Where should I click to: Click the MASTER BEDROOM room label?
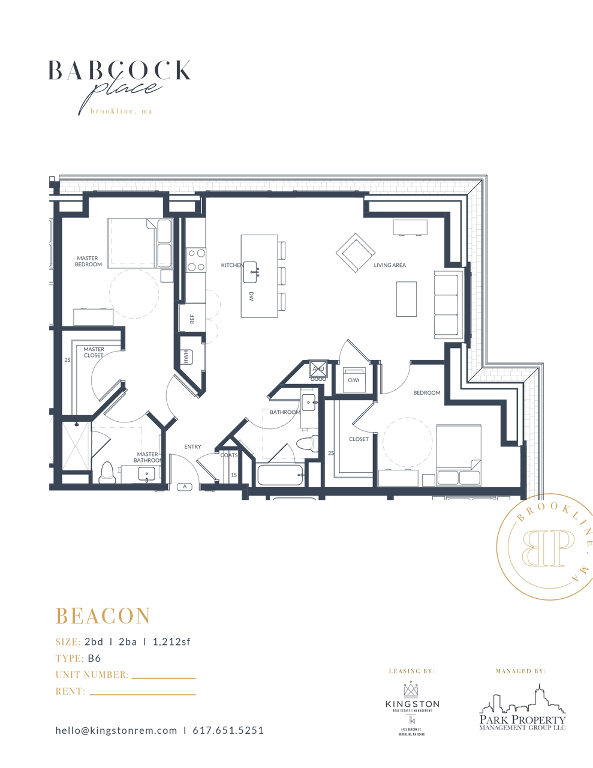click(88, 261)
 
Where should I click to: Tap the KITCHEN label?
click(231, 265)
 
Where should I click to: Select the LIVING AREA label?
click(390, 265)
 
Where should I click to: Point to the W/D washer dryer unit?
click(354, 380)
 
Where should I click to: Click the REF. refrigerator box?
click(192, 318)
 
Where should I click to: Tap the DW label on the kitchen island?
click(251, 296)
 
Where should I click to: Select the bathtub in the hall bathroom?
click(280, 475)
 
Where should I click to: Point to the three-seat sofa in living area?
click(446, 305)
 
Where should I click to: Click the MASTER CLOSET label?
click(94, 352)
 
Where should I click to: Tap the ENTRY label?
click(192, 447)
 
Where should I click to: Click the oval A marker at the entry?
click(185, 487)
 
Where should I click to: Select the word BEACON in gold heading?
click(103, 616)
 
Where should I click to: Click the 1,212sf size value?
click(171, 642)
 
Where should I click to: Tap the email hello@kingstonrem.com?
click(116, 730)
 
